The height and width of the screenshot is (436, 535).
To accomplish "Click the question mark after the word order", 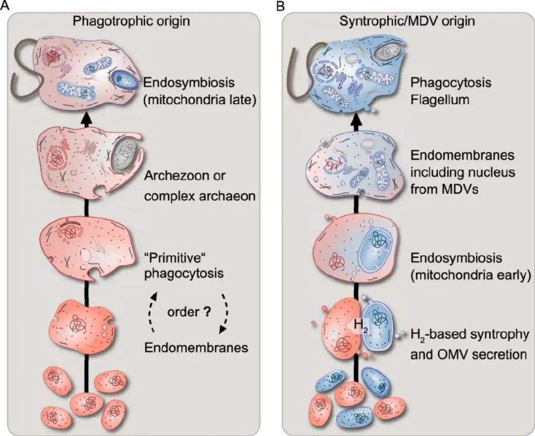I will pos(207,313).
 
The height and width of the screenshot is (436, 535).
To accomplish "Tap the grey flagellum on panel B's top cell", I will pos(299,73).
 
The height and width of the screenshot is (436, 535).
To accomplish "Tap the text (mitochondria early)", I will pos(466,274).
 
